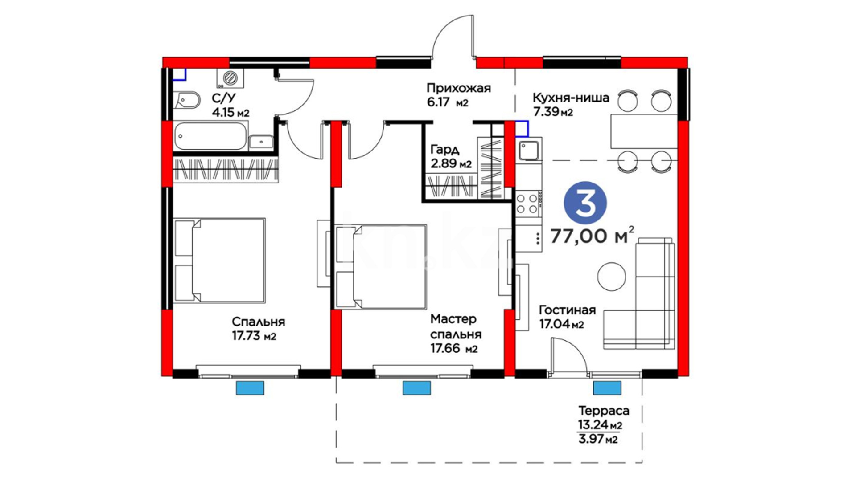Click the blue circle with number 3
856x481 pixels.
coord(585,203)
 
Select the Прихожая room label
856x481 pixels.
coord(459,88)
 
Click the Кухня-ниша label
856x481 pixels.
coord(571,98)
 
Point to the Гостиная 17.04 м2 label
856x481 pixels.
coord(567,317)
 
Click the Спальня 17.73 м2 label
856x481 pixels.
coord(258,329)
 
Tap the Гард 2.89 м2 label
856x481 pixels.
coord(451,156)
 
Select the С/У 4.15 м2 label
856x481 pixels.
coord(230,105)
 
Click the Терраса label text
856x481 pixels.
coord(604,410)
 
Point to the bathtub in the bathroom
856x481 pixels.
coord(210,136)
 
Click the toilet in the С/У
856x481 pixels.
coord(187,101)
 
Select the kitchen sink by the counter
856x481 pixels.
coord(529,149)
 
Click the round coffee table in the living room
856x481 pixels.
coord(611,277)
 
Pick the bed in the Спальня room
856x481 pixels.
coord(219,261)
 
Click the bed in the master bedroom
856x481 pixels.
coord(381,267)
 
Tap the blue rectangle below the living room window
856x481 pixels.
coord(607,388)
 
